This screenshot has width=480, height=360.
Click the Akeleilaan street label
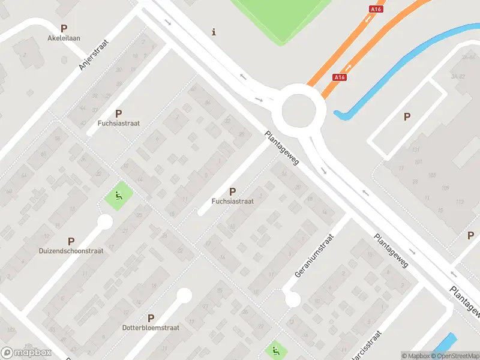click(x=64, y=38)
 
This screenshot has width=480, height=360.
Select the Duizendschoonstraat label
click(x=71, y=251)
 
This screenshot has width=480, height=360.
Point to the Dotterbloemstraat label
click(x=151, y=328)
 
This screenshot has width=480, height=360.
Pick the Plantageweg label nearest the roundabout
click(x=281, y=149)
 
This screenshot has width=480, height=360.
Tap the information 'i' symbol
click(x=214, y=32)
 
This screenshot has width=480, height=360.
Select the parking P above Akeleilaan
click(x=64, y=28)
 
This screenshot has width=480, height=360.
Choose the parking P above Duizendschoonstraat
click(x=71, y=241)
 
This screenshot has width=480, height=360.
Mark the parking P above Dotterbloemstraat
click(x=151, y=318)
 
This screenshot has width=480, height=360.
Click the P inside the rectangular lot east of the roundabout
click(x=407, y=117)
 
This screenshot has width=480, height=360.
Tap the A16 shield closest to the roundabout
click(x=340, y=77)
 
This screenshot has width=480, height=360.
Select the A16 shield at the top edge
click(x=376, y=9)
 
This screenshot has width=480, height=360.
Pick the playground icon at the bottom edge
click(x=275, y=350)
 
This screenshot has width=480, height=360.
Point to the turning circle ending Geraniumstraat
click(x=292, y=299)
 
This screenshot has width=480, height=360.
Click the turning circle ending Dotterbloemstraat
click(x=184, y=295)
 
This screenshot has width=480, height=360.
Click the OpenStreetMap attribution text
click(x=454, y=356)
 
